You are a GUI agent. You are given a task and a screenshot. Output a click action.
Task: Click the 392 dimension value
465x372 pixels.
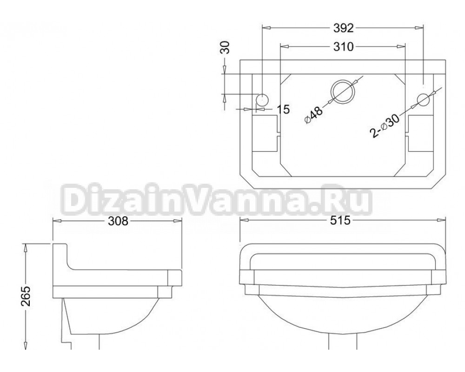tap(343, 28)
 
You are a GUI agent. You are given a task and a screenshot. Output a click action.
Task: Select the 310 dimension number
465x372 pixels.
tap(343, 46)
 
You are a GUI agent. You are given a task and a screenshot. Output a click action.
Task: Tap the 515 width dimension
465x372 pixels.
tap(340, 220)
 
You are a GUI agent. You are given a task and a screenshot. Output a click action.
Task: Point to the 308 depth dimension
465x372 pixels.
tap(118, 221)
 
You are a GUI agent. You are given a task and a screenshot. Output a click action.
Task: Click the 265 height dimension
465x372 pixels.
tap(26, 296)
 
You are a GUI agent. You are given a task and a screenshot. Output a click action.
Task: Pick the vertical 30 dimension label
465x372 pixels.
tap(225, 47)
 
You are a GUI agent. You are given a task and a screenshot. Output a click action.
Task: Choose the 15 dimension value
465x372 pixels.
tap(283, 109)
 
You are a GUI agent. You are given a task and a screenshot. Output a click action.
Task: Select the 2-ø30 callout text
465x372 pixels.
tap(385, 126)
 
